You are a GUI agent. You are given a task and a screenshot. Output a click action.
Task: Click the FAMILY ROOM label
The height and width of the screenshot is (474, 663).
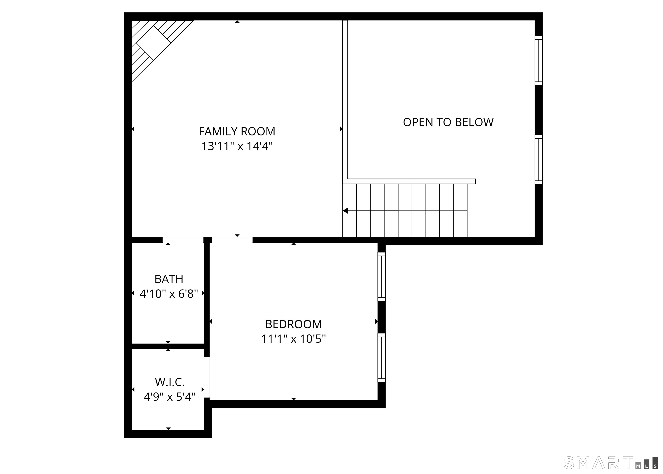(237, 131)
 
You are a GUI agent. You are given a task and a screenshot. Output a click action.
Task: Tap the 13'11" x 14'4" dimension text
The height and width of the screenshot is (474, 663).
(237, 146)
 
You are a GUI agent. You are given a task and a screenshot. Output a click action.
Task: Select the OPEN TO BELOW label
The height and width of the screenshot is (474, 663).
(448, 122)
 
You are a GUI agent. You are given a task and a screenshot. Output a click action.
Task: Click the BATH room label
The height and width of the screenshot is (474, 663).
(169, 279)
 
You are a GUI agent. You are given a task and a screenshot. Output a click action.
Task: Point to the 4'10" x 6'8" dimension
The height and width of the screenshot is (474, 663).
(169, 294)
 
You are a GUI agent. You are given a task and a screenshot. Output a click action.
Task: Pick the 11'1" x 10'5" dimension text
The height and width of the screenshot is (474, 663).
(293, 339)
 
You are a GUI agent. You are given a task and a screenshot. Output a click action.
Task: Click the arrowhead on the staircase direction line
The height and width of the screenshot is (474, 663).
(346, 210)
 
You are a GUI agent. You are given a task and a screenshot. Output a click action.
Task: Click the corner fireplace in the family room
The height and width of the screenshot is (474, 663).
(155, 44)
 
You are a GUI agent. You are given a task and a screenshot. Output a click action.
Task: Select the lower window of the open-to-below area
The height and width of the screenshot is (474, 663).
(538, 160)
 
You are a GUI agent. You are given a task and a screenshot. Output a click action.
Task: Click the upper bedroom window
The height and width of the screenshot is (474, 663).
(381, 277)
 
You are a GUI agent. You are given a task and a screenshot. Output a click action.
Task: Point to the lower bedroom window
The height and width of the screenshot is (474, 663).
(381, 358)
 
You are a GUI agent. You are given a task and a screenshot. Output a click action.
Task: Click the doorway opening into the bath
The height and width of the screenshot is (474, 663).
(183, 240)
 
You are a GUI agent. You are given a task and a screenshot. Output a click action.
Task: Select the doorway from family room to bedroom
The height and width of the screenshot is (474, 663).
(232, 240)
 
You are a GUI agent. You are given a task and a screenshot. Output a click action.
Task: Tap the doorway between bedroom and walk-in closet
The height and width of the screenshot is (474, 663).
(207, 377)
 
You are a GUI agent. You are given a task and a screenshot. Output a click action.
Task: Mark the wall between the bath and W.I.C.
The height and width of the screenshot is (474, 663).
(168, 346)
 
